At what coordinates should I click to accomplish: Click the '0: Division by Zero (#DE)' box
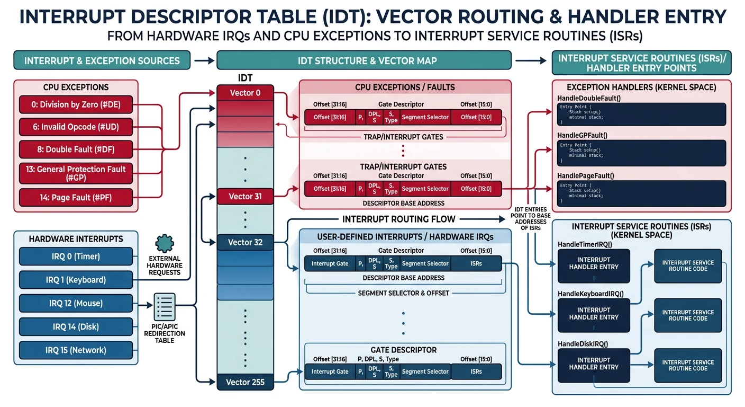[x=76, y=104]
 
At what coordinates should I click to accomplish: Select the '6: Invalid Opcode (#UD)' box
[x=76, y=127]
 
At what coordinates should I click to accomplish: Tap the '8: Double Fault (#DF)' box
[x=76, y=149]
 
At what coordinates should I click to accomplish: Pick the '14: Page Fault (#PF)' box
[x=76, y=198]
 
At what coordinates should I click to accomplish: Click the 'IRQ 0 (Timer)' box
[x=76, y=256]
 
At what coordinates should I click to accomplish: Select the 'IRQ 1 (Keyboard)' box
[x=76, y=280]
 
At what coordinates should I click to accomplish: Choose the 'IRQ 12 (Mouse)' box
[x=76, y=303]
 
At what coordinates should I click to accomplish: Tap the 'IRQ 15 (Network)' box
[x=76, y=350]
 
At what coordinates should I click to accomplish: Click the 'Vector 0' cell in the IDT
[x=245, y=93]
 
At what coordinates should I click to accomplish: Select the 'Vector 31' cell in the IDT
[x=245, y=197]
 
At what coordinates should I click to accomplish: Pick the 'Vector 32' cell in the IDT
[x=245, y=242]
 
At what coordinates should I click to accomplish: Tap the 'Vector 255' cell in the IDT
[x=245, y=382]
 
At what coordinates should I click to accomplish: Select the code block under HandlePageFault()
[x=641, y=193]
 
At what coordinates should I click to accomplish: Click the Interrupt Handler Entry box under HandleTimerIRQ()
[x=593, y=263]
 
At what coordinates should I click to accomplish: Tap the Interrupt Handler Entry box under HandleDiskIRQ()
[x=593, y=364]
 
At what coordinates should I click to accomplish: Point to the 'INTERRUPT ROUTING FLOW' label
[x=398, y=219]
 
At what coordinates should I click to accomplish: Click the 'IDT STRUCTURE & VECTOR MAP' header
[x=364, y=60]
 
